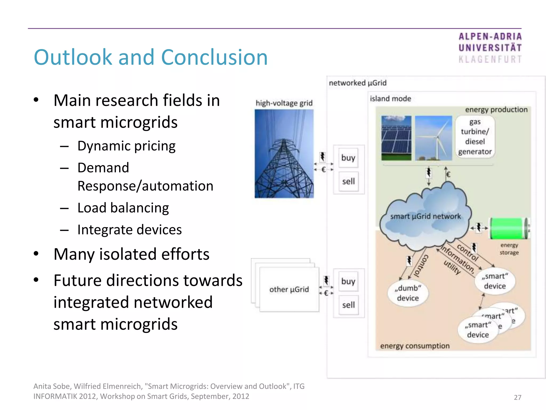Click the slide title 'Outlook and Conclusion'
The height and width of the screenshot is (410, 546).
coord(151,57)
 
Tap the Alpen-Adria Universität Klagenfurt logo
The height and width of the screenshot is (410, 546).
coord(490,48)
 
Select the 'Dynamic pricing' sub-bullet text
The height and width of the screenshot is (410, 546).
coord(126,146)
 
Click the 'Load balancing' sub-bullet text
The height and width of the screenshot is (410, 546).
coord(123,208)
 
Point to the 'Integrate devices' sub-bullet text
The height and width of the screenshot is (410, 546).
coord(130,230)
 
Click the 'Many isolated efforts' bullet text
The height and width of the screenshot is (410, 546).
coord(131,254)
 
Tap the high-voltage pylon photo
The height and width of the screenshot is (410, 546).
coord(284,154)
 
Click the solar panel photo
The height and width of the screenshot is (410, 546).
coord(396,138)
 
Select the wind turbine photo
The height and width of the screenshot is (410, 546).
coord(433,138)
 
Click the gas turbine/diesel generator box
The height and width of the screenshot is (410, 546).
coord(475,137)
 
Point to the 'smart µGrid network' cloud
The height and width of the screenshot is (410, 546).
coord(425,216)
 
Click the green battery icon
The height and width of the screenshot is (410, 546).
coord(509,228)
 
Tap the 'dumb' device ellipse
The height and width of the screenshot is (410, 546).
coord(408,293)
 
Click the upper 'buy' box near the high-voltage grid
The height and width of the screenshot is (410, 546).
coord(348,158)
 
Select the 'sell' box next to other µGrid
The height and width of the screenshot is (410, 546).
coord(348,305)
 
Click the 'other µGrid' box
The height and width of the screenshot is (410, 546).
coord(289,289)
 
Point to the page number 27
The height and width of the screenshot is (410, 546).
coord(517,397)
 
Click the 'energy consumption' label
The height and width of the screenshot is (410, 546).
coord(415,346)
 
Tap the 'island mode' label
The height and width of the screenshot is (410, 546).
coord(390,99)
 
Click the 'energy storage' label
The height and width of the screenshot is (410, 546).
coord(509,249)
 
